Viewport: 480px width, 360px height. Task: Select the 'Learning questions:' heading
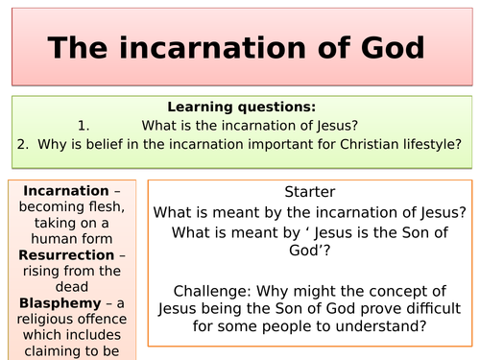(x=241, y=108)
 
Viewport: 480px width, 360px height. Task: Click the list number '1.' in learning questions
(x=84, y=126)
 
